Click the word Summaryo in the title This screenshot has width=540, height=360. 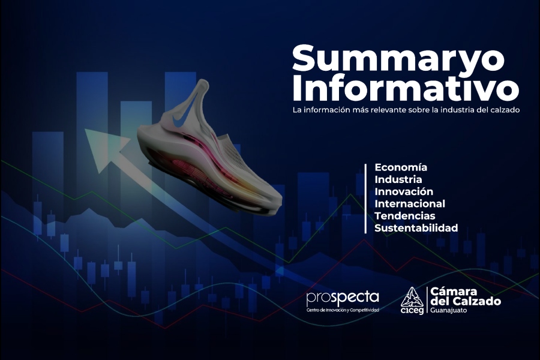[398, 59]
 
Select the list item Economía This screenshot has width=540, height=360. [401, 167]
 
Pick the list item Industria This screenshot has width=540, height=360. [398, 179]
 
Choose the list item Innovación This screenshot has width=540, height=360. [404, 191]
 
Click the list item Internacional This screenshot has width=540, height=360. [410, 203]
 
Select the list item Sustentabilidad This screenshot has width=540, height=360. [416, 228]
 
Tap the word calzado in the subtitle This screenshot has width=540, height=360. [506, 110]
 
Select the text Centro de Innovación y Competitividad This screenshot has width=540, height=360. [343, 310]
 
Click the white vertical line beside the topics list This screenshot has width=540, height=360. [365, 199]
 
